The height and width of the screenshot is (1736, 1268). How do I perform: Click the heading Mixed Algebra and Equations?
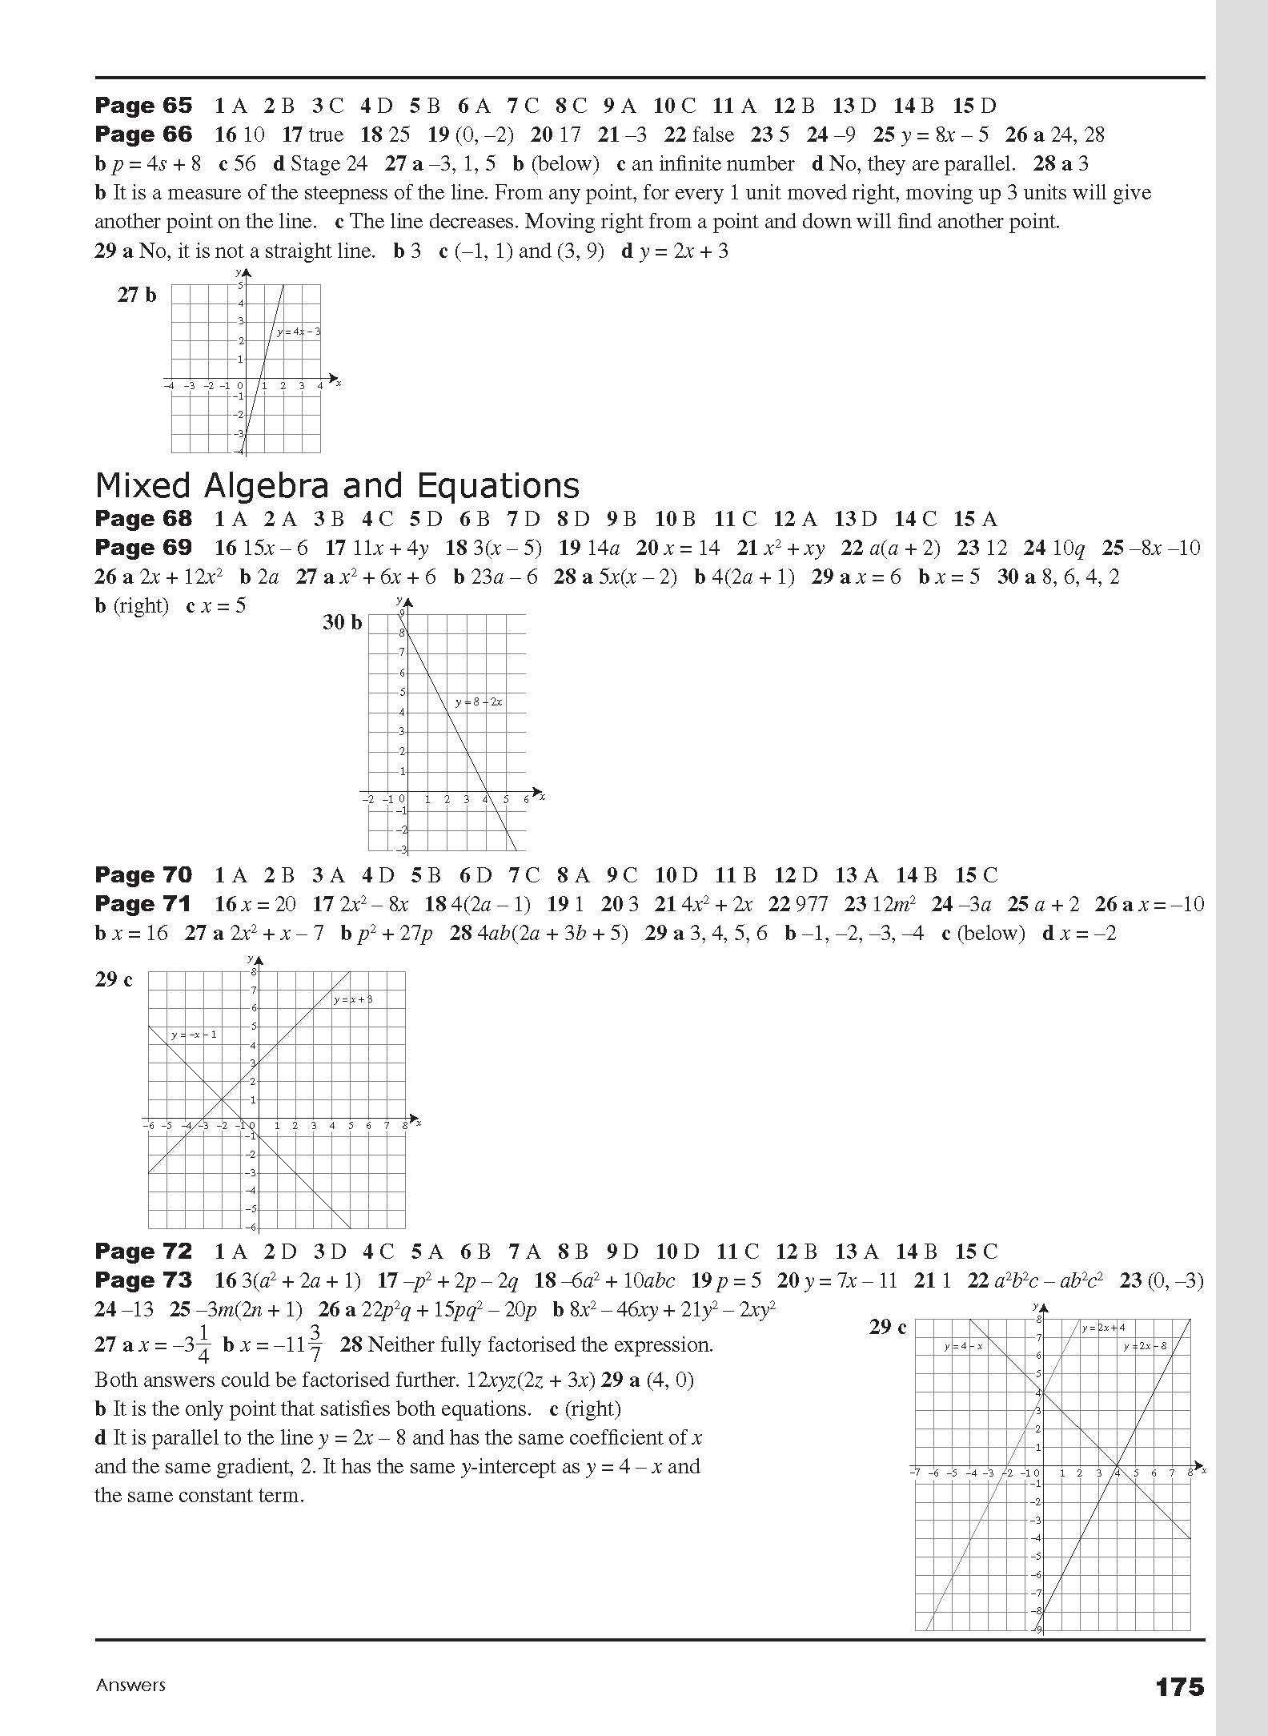tap(337, 486)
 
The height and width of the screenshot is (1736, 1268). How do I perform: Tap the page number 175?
tap(1179, 1687)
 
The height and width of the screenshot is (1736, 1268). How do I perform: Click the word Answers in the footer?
tap(130, 1685)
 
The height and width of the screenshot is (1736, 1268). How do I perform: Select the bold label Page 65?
tap(143, 106)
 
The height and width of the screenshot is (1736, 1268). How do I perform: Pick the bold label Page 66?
tap(143, 135)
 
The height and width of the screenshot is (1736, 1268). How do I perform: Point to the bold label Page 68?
tap(143, 519)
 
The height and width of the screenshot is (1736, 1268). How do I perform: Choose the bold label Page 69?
tap(143, 548)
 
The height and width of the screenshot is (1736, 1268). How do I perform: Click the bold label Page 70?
tap(143, 875)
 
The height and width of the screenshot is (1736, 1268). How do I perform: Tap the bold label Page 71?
tap(143, 904)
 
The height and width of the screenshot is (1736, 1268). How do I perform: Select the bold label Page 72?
tap(143, 1252)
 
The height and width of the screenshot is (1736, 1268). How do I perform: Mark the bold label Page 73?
tap(143, 1280)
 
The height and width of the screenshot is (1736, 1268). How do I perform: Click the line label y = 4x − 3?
tap(299, 332)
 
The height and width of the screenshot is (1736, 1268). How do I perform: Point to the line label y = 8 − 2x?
tap(479, 702)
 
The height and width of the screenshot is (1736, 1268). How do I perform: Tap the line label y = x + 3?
tap(353, 999)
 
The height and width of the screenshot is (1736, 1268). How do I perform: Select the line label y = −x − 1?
tap(194, 1035)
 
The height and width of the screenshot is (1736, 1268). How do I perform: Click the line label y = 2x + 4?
tap(1103, 1328)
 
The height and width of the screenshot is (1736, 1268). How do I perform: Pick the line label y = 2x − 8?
tap(1145, 1346)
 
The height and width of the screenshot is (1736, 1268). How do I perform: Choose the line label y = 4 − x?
tap(963, 1346)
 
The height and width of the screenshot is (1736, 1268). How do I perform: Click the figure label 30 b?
tap(342, 622)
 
